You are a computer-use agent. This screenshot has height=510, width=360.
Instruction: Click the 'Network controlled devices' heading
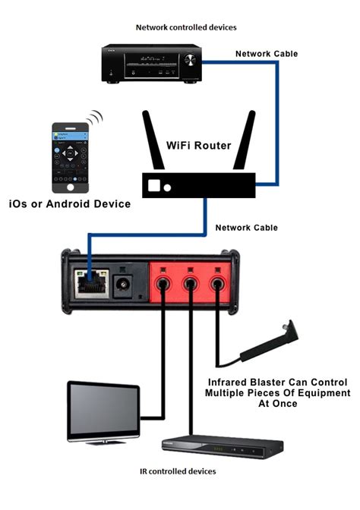coord(186,27)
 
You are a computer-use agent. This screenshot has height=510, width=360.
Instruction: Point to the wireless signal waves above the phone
coord(94,118)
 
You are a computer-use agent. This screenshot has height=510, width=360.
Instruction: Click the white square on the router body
coord(154,185)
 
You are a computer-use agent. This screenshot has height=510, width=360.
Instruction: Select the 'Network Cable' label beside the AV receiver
coord(266,54)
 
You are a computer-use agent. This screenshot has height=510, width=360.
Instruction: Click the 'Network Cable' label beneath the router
coord(246,228)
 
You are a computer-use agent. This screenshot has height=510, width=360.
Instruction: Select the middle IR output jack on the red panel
coord(190,286)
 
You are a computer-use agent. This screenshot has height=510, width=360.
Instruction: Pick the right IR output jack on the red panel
coord(219,286)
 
